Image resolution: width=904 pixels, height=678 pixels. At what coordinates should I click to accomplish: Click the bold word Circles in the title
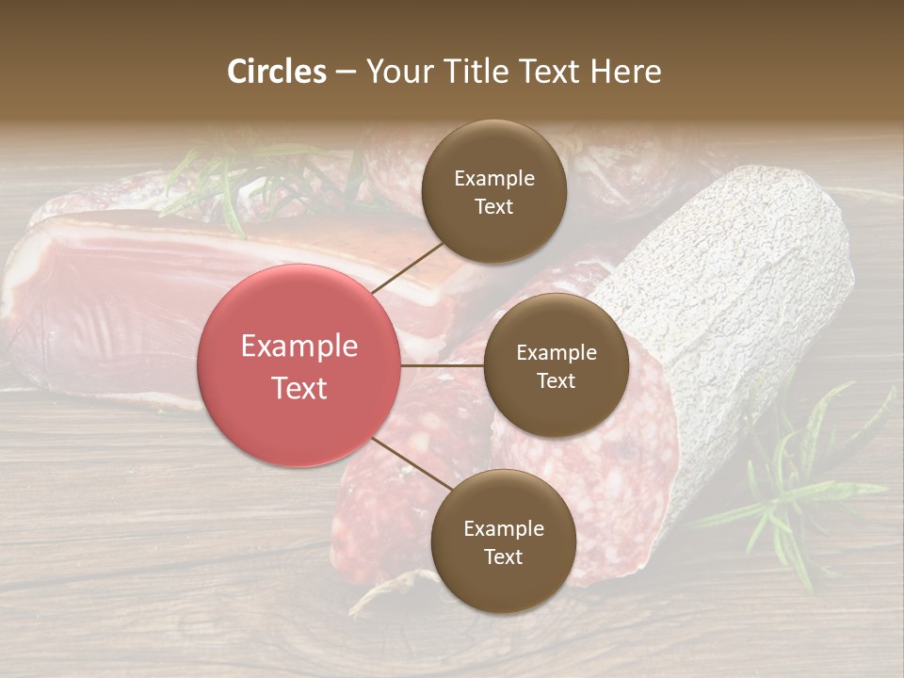pyautogui.click(x=277, y=72)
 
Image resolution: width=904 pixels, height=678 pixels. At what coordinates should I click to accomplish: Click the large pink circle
pyautogui.click(x=299, y=365)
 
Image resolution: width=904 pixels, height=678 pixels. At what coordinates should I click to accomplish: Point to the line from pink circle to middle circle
pyautogui.click(x=443, y=365)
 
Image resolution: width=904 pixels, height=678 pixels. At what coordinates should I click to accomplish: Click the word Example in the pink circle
pyautogui.click(x=299, y=347)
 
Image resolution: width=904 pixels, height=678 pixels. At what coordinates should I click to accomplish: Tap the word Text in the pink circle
pyautogui.click(x=299, y=387)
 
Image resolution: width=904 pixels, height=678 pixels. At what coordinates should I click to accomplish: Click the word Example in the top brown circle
pyautogui.click(x=493, y=178)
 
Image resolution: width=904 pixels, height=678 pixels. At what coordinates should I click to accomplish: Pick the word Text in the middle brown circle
pyautogui.click(x=556, y=380)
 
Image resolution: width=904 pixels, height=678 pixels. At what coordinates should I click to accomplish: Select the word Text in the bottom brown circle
pyautogui.click(x=503, y=557)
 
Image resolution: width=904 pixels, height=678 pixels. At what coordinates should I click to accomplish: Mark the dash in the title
pyautogui.click(x=346, y=73)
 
